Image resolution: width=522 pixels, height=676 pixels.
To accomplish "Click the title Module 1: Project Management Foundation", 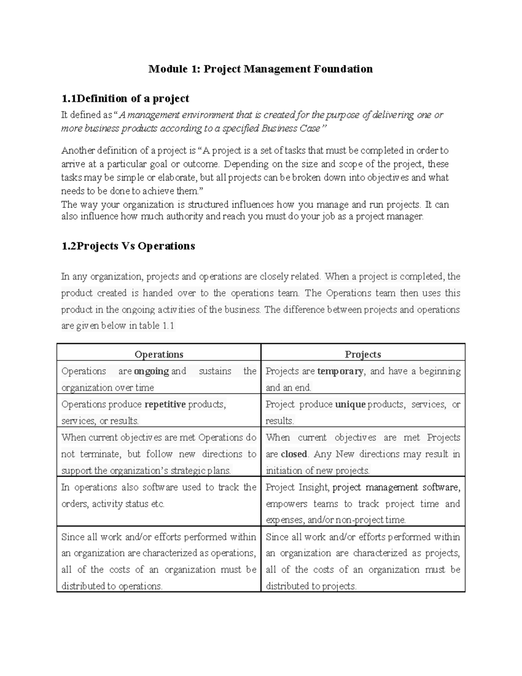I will (x=261, y=69).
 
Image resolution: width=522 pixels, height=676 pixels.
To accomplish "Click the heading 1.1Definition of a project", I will (x=125, y=98).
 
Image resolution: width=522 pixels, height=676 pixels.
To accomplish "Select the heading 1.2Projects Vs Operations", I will (x=128, y=246).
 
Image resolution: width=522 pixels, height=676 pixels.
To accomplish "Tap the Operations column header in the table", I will (x=159, y=354).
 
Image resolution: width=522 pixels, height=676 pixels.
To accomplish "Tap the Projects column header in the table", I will (x=363, y=354).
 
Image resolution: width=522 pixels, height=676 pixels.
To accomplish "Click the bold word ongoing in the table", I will (x=151, y=371).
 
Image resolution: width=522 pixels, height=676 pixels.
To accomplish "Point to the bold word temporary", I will (x=340, y=371).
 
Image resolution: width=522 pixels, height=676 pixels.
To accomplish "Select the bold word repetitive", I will (x=165, y=404).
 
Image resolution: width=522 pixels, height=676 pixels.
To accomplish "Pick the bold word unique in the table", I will (x=350, y=404).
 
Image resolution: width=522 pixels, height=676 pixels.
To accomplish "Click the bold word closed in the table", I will (x=294, y=454).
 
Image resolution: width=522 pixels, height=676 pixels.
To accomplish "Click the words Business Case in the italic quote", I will (x=291, y=128).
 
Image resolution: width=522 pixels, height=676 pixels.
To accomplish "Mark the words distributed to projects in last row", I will (x=311, y=586).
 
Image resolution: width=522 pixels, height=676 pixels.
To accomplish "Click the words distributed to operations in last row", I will (x=112, y=586).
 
